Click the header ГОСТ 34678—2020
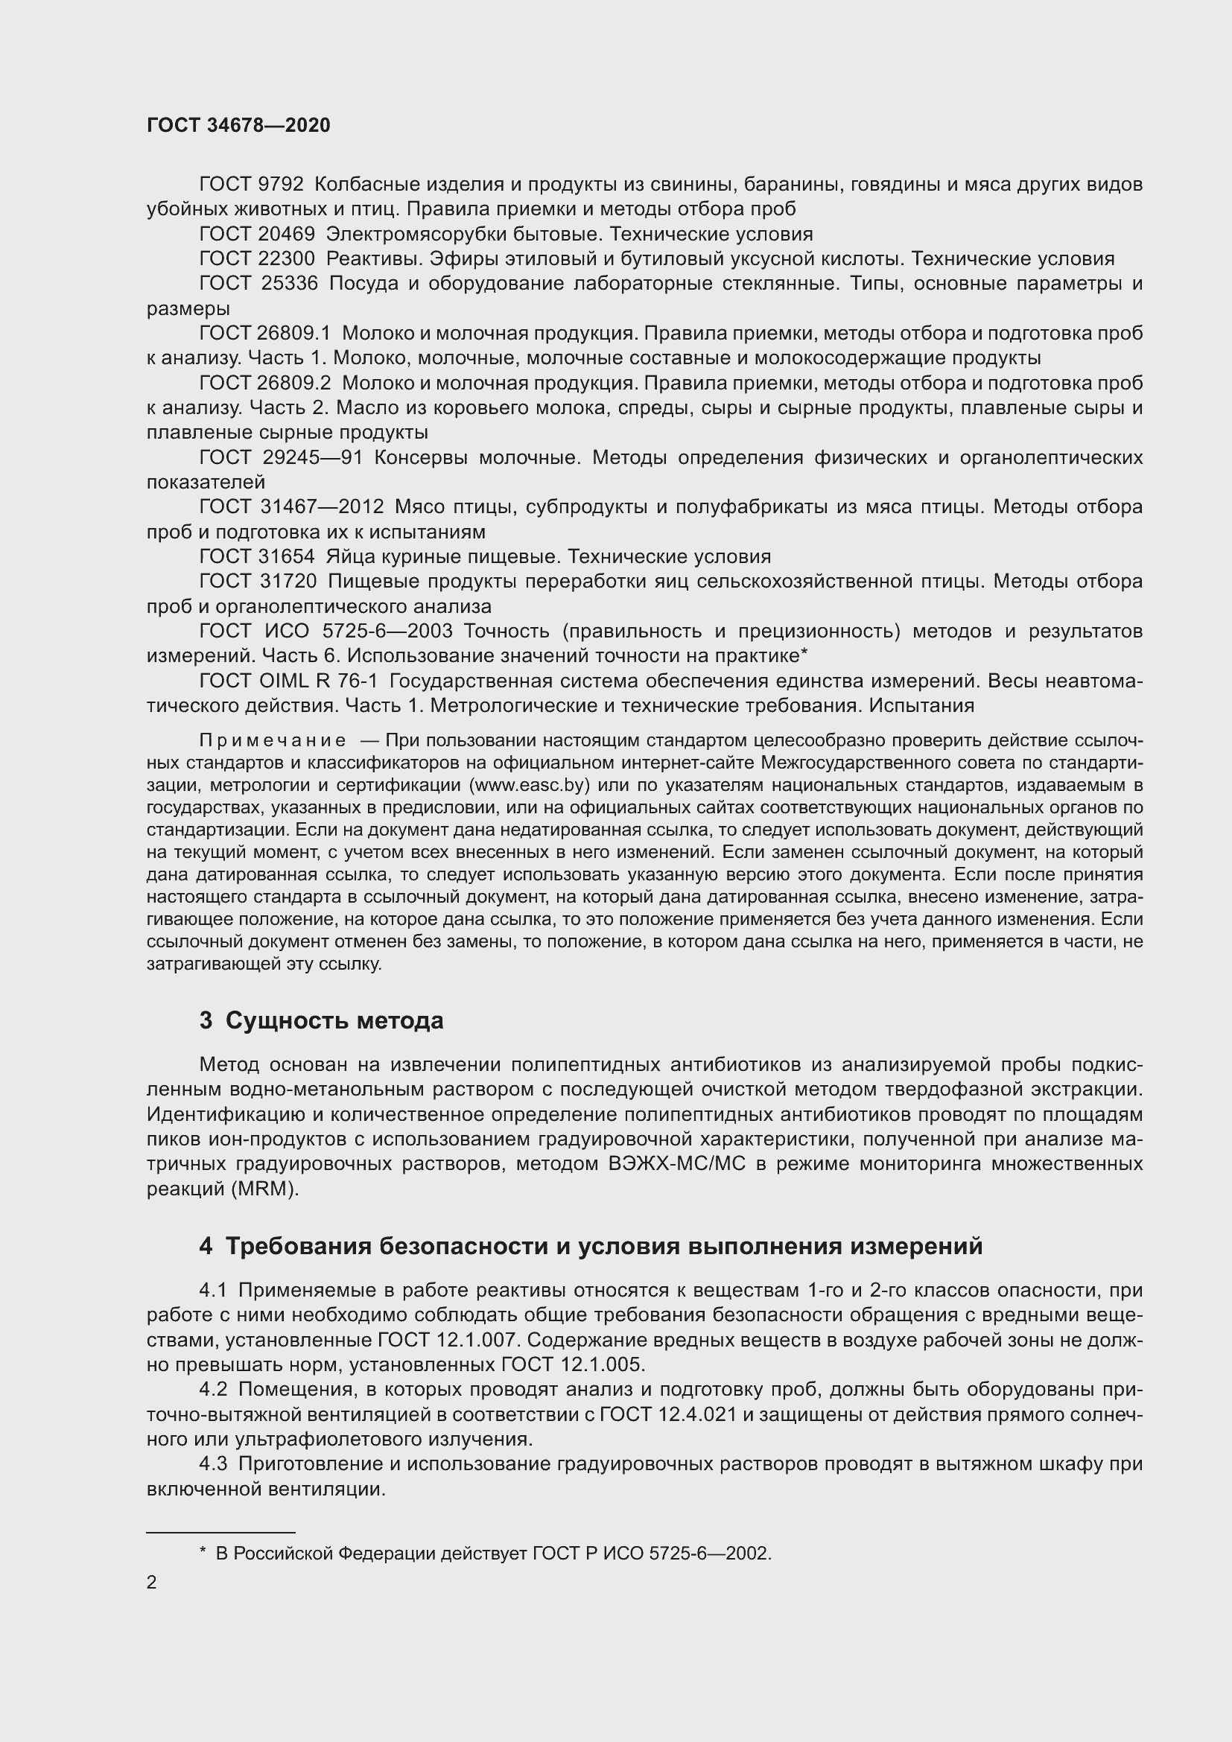238,126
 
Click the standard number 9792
281,185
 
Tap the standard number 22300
286,258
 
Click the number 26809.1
294,333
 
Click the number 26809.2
294,383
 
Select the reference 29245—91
314,457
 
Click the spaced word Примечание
273,740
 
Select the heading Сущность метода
334,1021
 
